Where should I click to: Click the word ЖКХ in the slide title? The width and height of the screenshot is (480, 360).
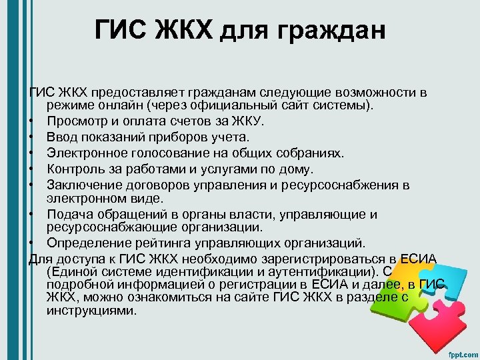coord(177,31)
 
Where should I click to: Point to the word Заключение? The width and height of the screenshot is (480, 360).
coord(85,185)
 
